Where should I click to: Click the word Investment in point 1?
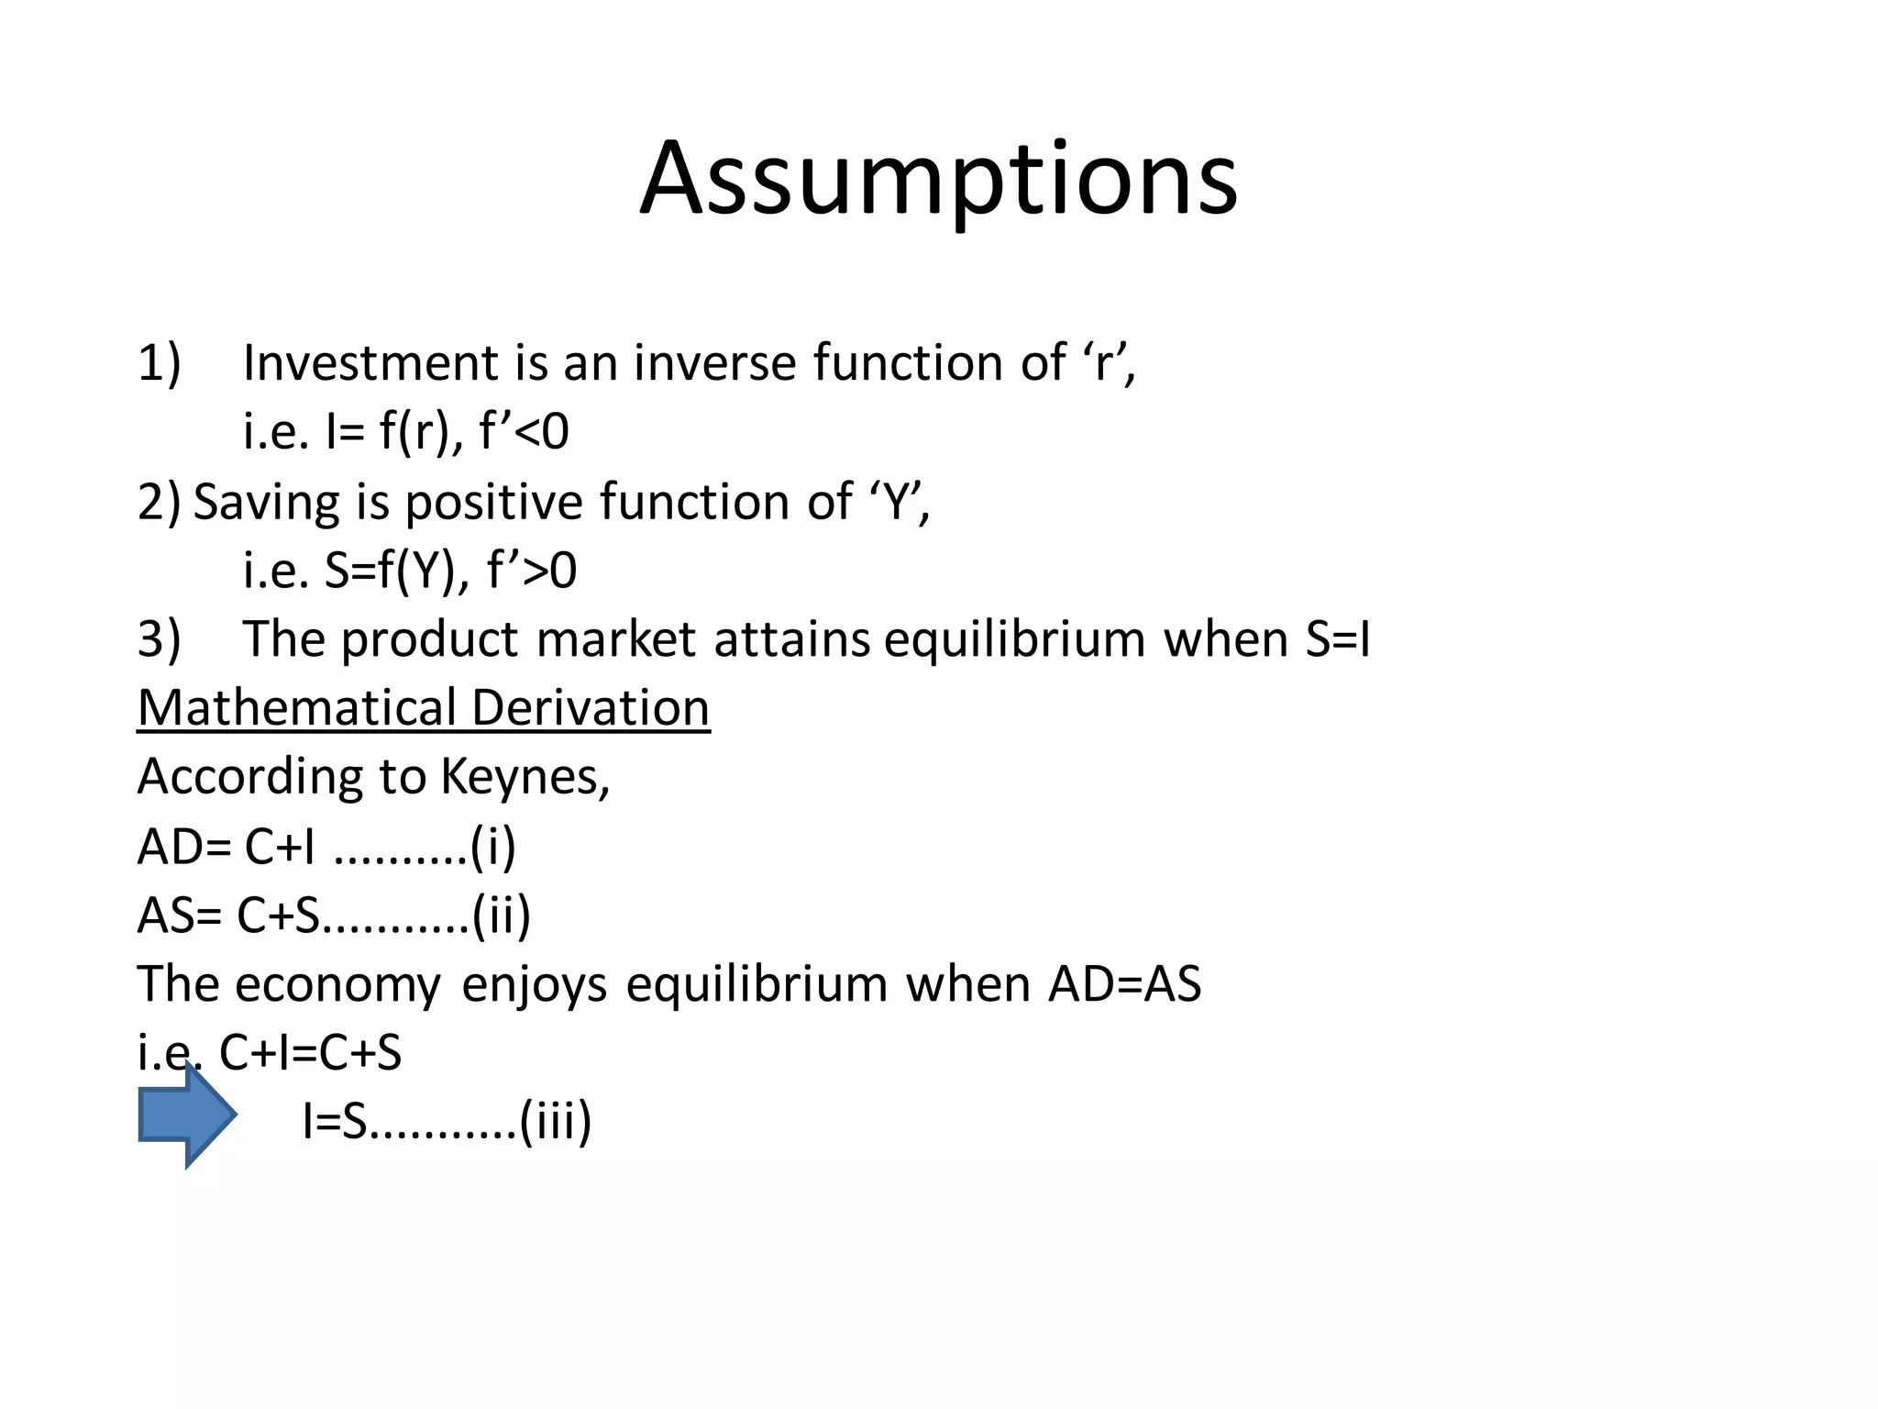[369, 362]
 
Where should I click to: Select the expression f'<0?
[524, 431]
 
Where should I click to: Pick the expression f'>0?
[531, 571]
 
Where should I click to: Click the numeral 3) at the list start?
[160, 639]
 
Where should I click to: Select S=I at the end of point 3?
[1337, 639]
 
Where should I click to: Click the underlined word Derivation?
[591, 708]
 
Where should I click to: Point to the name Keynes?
[525, 777]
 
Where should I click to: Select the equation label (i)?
[493, 847]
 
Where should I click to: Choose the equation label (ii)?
[502, 915]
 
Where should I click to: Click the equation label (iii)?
[556, 1121]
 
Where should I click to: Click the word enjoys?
[534, 984]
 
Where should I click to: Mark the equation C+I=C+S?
[310, 1053]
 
